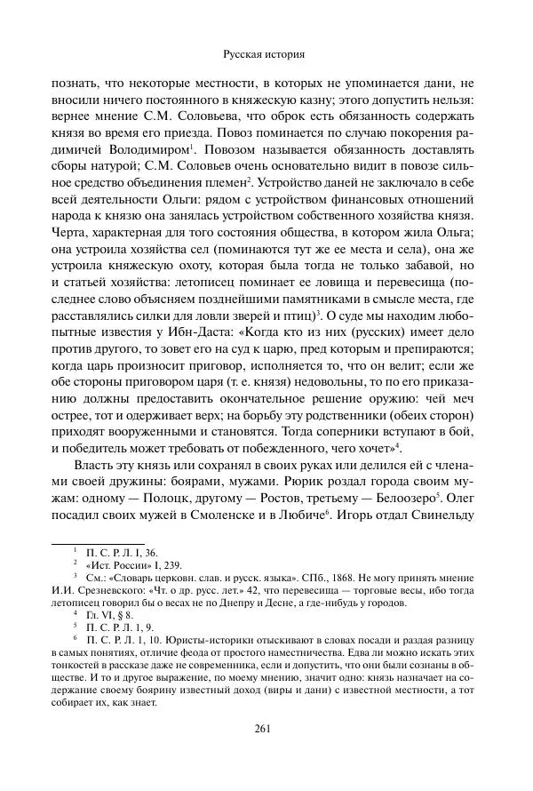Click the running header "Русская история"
pyautogui.click(x=266, y=54)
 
